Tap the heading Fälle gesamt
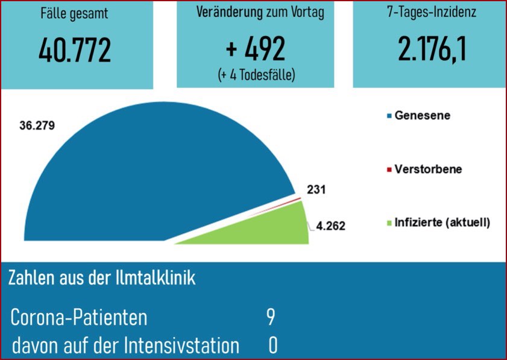75,13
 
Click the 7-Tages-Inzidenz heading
430,12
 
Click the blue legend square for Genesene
390,116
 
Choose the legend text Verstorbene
428,169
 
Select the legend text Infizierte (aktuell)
442,223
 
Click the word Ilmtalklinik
160,279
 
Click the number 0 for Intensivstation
273,346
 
